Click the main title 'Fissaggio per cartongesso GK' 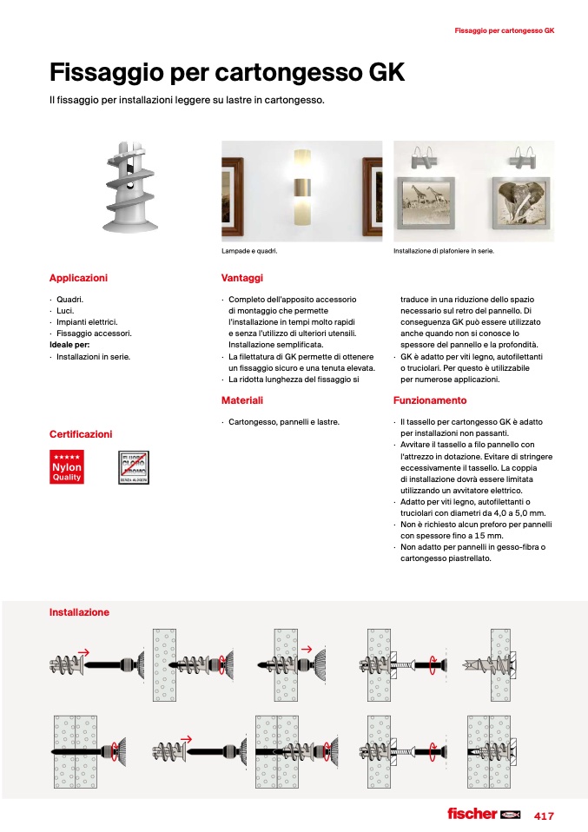227,71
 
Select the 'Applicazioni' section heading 78,278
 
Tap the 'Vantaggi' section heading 242,278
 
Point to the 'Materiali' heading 242,400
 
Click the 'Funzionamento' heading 430,400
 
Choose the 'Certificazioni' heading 81,433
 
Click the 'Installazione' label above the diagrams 79,612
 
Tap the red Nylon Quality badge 67,467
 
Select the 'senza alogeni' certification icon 134,467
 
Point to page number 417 544,815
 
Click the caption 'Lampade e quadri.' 254,252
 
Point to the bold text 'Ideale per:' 69,345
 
